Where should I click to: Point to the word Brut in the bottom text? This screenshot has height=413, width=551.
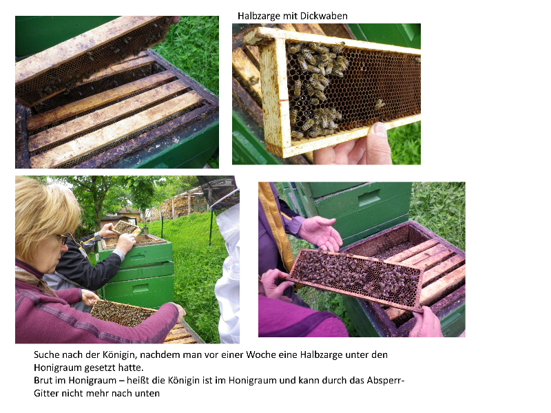[42, 381]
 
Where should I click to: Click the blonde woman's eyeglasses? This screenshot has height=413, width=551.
[62, 239]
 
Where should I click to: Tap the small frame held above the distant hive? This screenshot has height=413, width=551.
[127, 228]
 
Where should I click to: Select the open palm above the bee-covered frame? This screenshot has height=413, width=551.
[320, 233]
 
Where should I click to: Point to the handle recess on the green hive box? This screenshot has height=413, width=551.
[369, 198]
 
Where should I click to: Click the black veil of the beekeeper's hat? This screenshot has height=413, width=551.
[219, 191]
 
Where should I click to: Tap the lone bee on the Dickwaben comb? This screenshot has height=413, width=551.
[379, 104]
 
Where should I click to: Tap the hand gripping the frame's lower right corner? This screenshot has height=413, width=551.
[425, 321]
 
